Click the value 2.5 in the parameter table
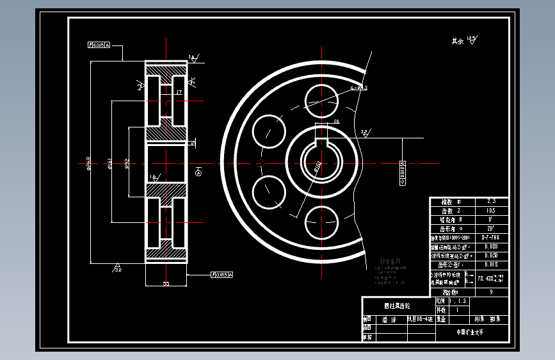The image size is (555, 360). pyautogui.click(x=491, y=201)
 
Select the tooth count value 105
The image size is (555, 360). pyautogui.click(x=491, y=210)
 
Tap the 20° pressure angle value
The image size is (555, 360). pyautogui.click(x=491, y=228)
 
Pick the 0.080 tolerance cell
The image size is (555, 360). pyautogui.click(x=491, y=246)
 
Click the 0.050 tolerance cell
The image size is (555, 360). pyautogui.click(x=491, y=255)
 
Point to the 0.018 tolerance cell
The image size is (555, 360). pyautogui.click(x=491, y=264)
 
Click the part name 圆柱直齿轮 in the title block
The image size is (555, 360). pyautogui.click(x=397, y=306)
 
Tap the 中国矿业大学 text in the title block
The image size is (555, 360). pyautogui.click(x=470, y=332)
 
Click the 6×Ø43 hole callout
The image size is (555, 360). pyautogui.click(x=358, y=87)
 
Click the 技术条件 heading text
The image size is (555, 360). pyautogui.click(x=390, y=261)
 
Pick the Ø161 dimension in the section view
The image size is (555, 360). pyautogui.click(x=111, y=165)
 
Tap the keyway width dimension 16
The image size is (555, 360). pyautogui.click(x=337, y=120)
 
